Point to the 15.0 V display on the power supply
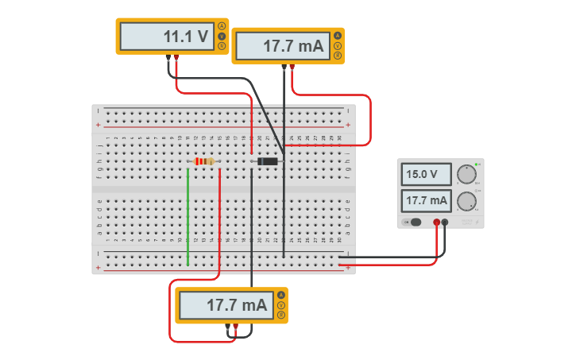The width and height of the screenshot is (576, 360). pos(427,174)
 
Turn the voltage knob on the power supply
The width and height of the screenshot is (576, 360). pos(466,174)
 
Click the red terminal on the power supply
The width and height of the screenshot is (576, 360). pos(436,223)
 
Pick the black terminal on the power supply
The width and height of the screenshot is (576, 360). pos(445,223)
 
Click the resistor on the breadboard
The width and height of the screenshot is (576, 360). pos(204,161)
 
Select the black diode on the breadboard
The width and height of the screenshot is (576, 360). pos(267,161)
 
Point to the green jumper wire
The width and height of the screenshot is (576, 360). pos(188,215)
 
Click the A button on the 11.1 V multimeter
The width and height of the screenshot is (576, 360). pos(222,26)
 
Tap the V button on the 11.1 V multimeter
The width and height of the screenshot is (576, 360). pos(222,36)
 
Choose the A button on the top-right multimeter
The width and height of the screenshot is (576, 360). pos(338,36)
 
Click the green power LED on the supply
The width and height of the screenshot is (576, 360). pos(476,164)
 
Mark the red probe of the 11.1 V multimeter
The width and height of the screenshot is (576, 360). pos(176,58)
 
